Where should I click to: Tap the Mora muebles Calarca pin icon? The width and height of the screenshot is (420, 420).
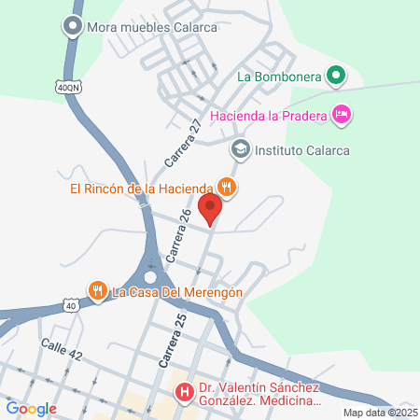coord(73,27)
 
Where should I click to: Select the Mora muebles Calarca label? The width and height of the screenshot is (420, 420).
coord(151,27)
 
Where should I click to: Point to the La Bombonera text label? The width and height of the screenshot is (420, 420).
coord(279,77)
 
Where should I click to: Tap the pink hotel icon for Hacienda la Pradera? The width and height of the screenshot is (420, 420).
coord(342,115)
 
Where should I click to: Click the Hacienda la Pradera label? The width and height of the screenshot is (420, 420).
coord(269,115)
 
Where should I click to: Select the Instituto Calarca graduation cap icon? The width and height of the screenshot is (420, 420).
coord(240,148)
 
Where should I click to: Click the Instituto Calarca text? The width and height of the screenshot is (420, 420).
coord(295,148)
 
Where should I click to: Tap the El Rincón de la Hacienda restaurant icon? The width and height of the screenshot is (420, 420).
coord(227,187)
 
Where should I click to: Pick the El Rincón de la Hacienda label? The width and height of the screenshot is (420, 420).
coord(142,188)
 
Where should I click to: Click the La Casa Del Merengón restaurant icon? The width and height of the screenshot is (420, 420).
coord(98,291)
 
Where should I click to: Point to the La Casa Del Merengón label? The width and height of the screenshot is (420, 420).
coord(177,292)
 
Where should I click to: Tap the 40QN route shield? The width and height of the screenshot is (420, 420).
coord(67,87)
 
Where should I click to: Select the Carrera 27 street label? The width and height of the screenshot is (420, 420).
coord(184,141)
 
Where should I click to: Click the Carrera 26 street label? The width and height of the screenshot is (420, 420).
coord(178,233)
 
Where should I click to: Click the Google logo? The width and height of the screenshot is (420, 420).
coord(31,408)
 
